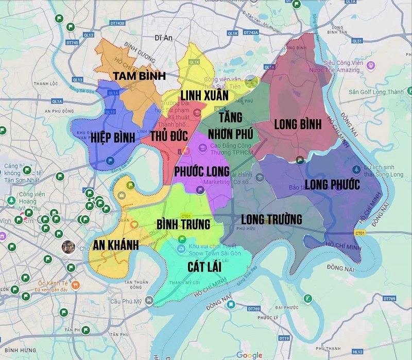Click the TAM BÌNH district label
139,76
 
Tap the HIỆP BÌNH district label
113,138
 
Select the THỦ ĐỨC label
161,138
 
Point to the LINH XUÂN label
204,95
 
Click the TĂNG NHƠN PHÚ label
230,126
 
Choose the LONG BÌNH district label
298,124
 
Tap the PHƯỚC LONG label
202,171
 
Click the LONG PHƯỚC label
332,184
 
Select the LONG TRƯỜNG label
271,219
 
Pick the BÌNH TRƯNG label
183,225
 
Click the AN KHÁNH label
115,245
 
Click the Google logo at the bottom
249,355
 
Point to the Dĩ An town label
162,38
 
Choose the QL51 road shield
357,40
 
